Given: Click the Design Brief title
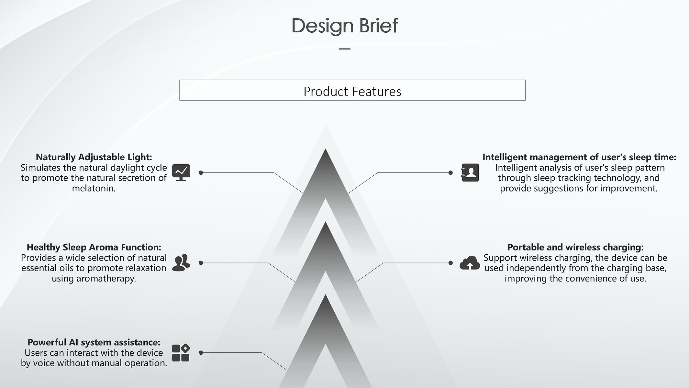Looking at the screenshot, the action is click(345, 26).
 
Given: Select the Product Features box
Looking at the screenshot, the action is click(352, 90).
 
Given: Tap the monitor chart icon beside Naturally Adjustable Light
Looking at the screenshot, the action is click(181, 172).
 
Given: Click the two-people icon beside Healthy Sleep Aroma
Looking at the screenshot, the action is click(181, 263).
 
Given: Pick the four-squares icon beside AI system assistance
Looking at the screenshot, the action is click(181, 353).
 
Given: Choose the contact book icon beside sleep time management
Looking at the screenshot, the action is click(470, 172).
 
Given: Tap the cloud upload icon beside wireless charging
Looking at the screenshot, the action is click(470, 263).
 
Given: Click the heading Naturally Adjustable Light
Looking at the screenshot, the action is click(94, 157).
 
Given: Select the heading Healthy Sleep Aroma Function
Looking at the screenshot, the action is click(94, 247).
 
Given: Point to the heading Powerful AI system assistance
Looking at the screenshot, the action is click(94, 342).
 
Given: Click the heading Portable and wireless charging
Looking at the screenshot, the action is click(575, 247).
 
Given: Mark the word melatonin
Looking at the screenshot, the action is click(94, 188).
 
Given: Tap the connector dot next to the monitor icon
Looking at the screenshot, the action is click(201, 173).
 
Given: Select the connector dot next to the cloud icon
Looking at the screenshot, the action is click(450, 263).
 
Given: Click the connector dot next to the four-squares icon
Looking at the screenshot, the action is click(201, 353).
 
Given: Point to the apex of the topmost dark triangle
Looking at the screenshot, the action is click(325, 149).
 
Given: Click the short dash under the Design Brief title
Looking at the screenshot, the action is click(345, 49).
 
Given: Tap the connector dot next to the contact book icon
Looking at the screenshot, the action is click(450, 173).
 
